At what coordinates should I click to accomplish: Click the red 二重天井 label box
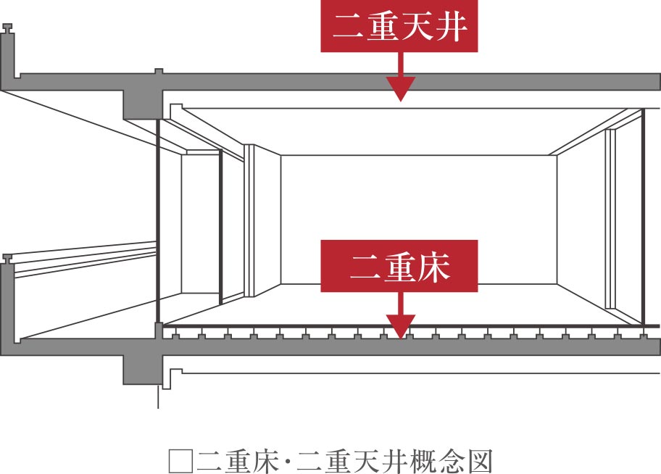[x=399, y=26]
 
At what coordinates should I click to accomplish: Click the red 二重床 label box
[x=399, y=266]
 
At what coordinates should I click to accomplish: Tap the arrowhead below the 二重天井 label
[x=401, y=88]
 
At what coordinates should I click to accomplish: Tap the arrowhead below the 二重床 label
[x=401, y=326]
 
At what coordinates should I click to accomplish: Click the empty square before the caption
[x=181, y=462]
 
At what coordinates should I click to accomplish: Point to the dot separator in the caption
[x=288, y=462]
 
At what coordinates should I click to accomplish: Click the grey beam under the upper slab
[x=143, y=104]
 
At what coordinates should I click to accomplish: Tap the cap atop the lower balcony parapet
[x=7, y=259]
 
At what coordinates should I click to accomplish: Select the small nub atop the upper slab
[x=159, y=71]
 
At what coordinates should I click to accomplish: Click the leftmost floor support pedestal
[x=175, y=336]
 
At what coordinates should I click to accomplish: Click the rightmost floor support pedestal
[x=644, y=336]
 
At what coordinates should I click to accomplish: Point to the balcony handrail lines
[x=84, y=258]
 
